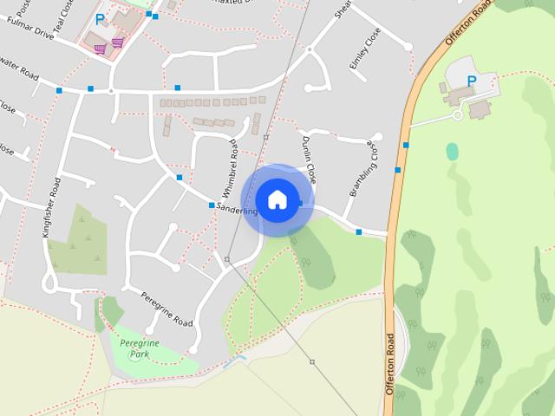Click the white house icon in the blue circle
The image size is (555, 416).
point(277,199)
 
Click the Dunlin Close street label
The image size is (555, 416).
point(309,159)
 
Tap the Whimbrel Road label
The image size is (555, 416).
point(231,166)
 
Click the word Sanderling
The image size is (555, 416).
point(237,211)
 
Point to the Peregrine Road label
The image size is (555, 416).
point(166,309)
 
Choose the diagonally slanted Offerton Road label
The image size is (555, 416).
point(469,26)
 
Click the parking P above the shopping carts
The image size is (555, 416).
point(100,17)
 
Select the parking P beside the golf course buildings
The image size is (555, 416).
point(471,81)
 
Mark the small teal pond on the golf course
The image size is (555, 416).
point(452,151)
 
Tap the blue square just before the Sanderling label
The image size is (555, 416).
point(212,205)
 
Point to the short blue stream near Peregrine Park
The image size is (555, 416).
point(234,361)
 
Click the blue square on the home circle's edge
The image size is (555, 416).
point(300,205)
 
